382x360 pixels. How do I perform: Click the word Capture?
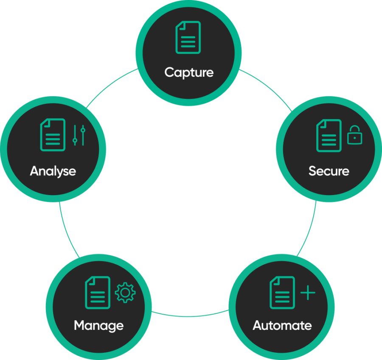(189, 72)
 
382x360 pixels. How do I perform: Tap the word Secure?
(329, 171)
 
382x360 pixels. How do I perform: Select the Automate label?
(282, 326)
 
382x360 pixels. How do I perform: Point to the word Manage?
(98, 326)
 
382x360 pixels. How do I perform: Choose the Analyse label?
(53, 171)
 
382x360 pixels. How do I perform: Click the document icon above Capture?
(188, 38)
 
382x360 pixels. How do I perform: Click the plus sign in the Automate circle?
(308, 293)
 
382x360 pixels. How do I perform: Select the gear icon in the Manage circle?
(125, 293)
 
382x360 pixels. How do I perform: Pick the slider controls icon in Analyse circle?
(79, 136)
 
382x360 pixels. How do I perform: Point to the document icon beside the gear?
(98, 293)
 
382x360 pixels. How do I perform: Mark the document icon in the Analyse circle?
(53, 135)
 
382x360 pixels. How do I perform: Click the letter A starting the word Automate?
(257, 326)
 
